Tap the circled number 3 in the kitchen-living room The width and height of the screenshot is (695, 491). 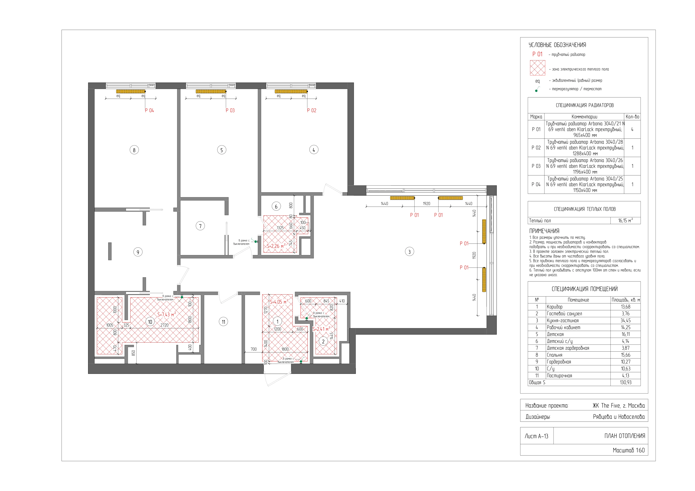click(409, 252)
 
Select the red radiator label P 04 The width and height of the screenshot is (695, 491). click(149, 110)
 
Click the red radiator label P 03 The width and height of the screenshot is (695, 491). click(230, 110)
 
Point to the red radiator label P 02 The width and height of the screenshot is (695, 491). click(312, 110)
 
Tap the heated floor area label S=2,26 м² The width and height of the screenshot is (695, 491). click(276, 246)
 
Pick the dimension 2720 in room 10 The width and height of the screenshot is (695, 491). click(164, 325)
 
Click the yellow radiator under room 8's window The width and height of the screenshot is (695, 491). click(131, 91)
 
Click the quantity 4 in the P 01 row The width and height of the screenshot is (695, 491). click(632, 130)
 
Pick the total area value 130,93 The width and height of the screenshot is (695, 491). click(625, 382)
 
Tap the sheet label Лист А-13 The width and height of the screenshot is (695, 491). click(536, 436)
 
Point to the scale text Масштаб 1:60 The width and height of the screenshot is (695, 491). click(629, 450)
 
